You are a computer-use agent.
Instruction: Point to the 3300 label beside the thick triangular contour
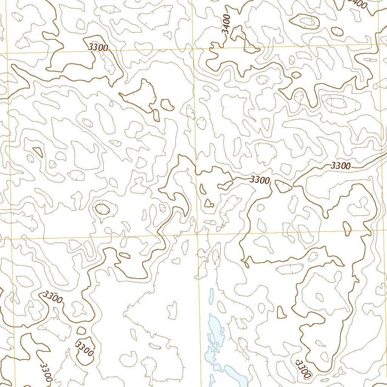point(260,180)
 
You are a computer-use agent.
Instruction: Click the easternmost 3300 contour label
point(341,166)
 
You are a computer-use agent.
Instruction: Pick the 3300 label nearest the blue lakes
point(303,369)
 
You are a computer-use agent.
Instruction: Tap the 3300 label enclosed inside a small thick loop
point(84,348)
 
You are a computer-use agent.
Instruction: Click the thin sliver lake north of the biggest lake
point(211,296)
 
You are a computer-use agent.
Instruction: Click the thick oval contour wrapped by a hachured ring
point(102,208)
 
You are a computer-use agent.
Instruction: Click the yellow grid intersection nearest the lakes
point(197,234)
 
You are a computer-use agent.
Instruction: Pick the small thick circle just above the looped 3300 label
point(81,331)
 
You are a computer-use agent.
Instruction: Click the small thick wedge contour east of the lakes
point(281,312)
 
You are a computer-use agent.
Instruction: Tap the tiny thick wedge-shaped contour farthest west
point(38,152)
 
